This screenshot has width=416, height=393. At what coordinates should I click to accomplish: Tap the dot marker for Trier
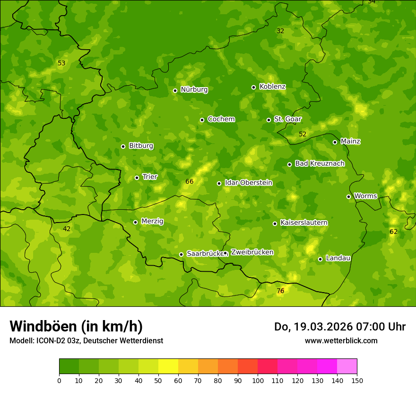pos(137,178)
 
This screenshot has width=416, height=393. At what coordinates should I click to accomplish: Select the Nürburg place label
pos(194,89)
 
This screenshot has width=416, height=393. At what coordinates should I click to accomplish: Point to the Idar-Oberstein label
pos(248,183)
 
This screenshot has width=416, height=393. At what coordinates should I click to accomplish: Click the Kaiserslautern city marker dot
pos(275,223)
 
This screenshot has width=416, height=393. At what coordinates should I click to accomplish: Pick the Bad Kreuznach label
pos(320,163)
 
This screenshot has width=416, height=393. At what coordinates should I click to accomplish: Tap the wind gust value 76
pos(280,291)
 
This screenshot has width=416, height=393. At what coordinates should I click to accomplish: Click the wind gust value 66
pos(190,181)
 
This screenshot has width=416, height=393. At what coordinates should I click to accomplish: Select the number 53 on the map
pos(61,63)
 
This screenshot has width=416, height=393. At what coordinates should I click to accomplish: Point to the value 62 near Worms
pos(393,232)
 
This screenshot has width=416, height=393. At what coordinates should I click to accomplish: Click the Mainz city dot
pos(335,142)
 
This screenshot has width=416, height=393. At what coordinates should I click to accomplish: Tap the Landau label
pos(338,258)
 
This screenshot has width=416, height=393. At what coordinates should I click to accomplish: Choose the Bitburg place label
pos(141,146)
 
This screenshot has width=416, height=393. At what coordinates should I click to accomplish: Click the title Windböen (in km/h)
pos(76,326)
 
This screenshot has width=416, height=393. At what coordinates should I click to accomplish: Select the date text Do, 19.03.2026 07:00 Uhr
pos(339,327)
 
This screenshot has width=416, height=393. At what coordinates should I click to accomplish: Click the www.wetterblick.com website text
pos(341,340)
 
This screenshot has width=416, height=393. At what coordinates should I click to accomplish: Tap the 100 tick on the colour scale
pos(258,380)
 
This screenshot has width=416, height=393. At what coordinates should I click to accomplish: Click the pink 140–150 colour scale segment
pos(347,366)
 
